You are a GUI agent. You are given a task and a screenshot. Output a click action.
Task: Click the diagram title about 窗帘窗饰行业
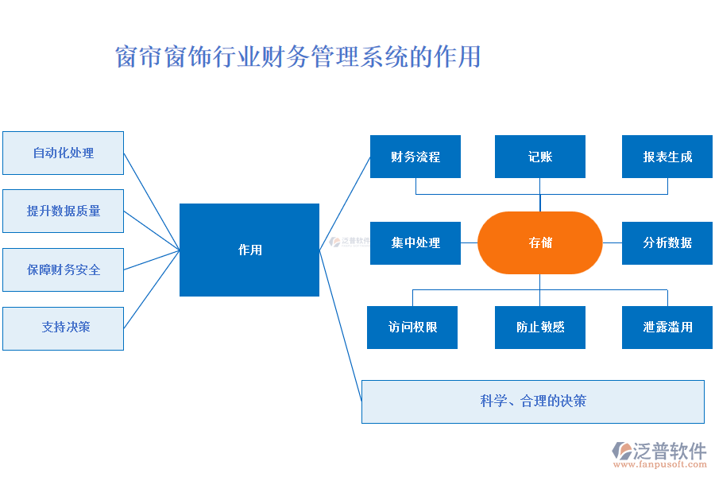tap(298, 57)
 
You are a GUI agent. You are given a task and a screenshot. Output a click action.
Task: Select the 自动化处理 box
tap(63, 153)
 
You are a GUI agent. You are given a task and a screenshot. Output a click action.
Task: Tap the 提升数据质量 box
tap(63, 211)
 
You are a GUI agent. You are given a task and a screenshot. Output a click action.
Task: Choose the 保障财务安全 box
tap(63, 270)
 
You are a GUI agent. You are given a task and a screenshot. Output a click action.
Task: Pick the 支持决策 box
tap(63, 328)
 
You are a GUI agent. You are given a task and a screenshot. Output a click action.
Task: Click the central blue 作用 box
tap(249, 250)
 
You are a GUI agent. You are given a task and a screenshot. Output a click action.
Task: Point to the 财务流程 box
tap(415, 157)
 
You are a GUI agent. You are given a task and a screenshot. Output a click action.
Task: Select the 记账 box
tap(540, 157)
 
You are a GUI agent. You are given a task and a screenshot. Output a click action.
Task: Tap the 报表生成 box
tap(667, 157)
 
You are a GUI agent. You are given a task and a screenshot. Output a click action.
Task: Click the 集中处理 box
tap(415, 242)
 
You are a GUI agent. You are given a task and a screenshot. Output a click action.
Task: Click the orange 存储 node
tap(540, 242)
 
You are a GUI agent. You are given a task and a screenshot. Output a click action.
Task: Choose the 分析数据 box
tap(667, 242)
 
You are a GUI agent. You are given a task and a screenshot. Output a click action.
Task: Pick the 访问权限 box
tap(412, 327)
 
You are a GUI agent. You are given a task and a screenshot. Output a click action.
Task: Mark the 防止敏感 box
tap(540, 327)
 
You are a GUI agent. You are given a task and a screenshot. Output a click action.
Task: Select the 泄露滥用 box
tap(667, 327)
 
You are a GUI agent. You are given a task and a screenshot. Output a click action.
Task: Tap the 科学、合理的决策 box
tap(533, 401)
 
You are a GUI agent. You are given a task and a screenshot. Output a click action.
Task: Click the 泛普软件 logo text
tap(671, 451)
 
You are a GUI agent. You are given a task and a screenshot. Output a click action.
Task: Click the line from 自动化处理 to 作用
tap(151, 200)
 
